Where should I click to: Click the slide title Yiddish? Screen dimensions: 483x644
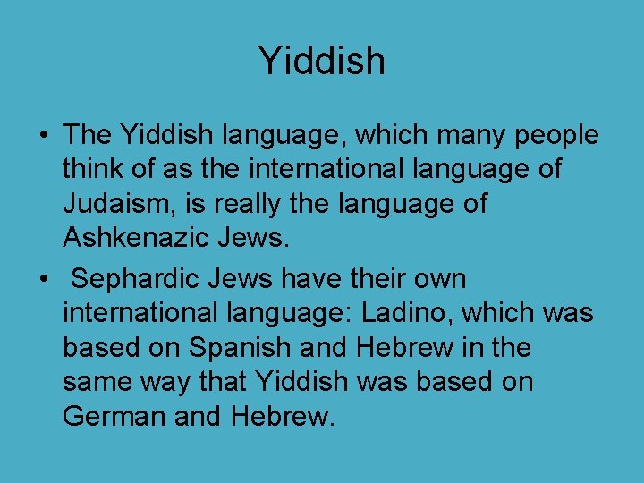[x=321, y=61]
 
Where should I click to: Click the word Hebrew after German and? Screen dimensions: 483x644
[x=285, y=416]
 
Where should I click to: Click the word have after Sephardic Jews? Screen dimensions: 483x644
[x=315, y=279]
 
